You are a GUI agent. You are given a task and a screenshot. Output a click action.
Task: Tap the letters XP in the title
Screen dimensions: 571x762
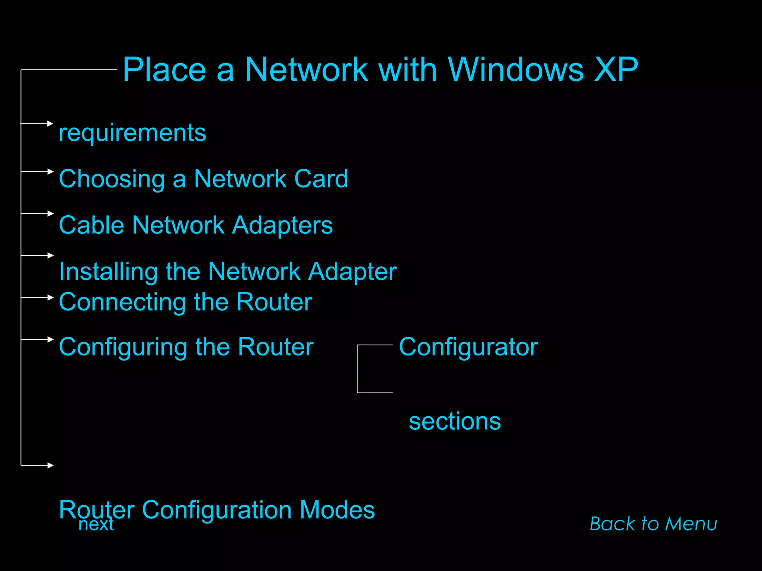pos(616,70)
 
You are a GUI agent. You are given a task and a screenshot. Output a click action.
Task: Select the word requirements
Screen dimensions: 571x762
pos(132,133)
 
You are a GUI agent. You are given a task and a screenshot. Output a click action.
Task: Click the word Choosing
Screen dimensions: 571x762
pos(112,179)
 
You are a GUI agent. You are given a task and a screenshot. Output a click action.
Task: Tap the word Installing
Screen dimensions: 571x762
pos(108,272)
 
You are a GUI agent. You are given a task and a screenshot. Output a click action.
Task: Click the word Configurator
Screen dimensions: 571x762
pos(468,347)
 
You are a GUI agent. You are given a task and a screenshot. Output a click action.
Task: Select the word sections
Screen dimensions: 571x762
pos(455,422)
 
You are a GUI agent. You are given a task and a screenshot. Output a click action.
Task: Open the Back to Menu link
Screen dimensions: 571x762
pos(653,524)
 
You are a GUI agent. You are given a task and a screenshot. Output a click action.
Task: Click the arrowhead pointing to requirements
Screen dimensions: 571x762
pos(51,123)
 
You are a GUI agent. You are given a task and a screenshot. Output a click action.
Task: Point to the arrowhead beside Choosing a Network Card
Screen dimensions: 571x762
pos(51,171)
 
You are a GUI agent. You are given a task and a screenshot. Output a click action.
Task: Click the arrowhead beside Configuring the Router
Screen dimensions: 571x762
pos(51,339)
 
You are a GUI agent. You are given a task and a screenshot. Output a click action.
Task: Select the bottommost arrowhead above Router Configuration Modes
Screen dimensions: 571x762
pos(51,465)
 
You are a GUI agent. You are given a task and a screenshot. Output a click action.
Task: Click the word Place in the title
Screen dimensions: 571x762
pos(164,70)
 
